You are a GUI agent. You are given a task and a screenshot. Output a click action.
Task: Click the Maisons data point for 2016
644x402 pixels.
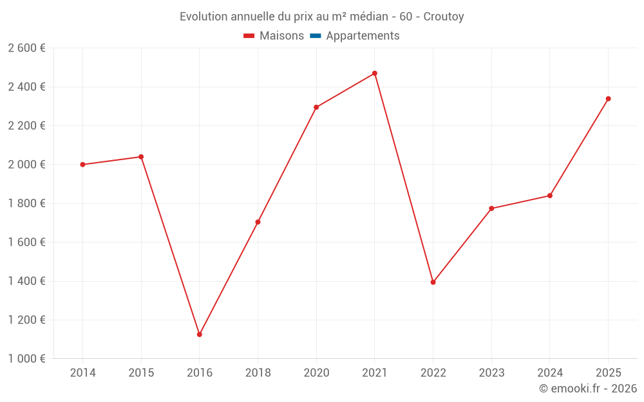(200, 334)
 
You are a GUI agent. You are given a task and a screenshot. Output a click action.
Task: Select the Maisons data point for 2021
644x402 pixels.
(375, 73)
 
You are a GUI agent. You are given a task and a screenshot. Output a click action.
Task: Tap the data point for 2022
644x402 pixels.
(433, 282)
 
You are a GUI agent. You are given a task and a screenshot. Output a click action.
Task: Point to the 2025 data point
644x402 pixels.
(608, 99)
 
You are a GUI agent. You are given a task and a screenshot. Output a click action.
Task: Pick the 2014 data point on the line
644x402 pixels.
(82, 165)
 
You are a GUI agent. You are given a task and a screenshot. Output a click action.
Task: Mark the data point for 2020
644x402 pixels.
(316, 107)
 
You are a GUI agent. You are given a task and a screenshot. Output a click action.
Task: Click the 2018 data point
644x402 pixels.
(258, 222)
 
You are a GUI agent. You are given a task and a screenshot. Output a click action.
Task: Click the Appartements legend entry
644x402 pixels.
(363, 36)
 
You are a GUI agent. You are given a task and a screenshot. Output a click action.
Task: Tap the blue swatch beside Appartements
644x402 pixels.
(316, 36)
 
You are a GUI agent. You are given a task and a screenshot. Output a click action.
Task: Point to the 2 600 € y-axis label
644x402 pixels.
(26, 48)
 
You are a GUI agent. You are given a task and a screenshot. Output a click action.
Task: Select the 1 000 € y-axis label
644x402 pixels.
(26, 359)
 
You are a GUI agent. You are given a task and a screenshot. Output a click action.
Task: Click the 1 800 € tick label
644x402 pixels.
(26, 203)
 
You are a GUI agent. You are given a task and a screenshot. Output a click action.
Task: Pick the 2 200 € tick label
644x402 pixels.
(26, 125)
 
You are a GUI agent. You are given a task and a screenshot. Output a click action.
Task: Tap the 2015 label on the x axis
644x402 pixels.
(141, 373)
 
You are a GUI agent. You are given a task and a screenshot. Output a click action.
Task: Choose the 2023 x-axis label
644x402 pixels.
(491, 373)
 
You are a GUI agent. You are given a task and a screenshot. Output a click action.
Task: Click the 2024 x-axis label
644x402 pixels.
(549, 373)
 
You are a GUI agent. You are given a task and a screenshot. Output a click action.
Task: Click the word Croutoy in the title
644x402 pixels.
(444, 17)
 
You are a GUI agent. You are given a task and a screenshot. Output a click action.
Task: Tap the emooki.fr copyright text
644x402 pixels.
(588, 388)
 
